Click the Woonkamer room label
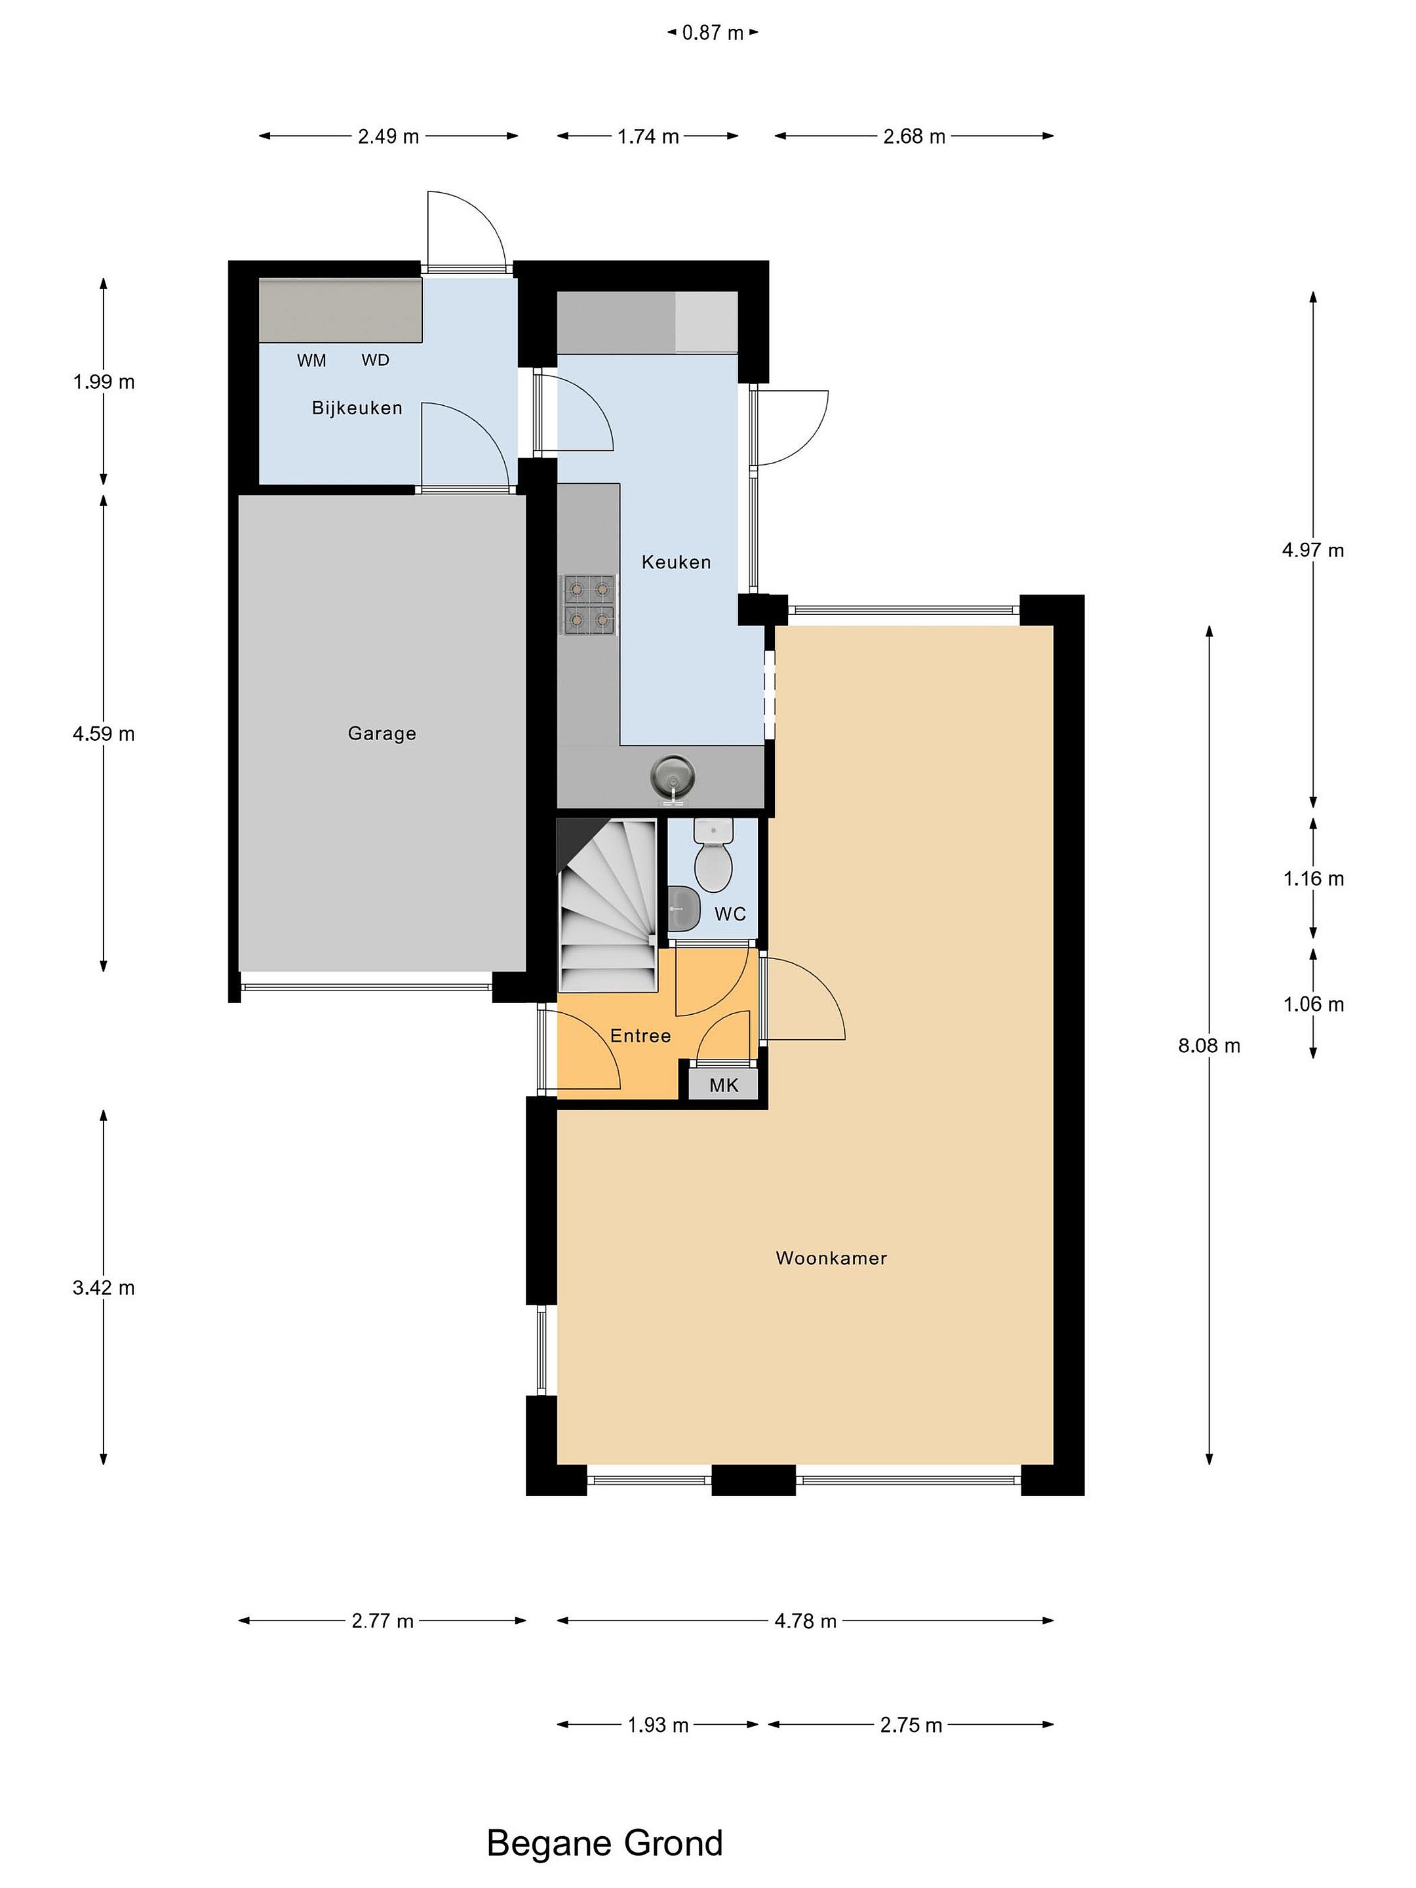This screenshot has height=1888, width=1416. pos(831,1257)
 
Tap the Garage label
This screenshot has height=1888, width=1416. pos(382,733)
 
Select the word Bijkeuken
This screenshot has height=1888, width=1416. pos(357,408)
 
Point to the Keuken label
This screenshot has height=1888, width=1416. pos(676,562)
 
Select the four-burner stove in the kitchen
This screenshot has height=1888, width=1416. pos(587,604)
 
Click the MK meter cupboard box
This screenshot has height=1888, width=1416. pos(724,1085)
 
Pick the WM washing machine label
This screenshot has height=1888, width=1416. pos(311,360)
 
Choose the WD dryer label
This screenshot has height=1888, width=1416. pos(376,360)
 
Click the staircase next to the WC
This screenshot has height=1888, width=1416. pos(607,905)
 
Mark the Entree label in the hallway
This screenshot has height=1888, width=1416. pos(640,1035)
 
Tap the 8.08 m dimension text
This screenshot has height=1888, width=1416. pos(1209,1046)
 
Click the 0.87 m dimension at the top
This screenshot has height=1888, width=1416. pos(713,33)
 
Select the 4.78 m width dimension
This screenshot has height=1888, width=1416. pos(805,1621)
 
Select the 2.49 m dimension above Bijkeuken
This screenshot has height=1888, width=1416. pos(388,136)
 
